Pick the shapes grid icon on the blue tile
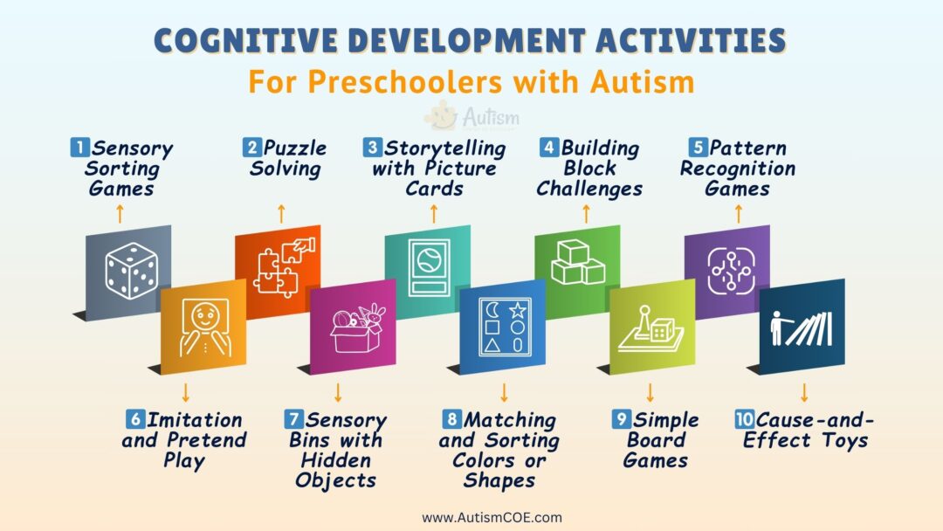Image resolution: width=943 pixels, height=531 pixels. [502, 328]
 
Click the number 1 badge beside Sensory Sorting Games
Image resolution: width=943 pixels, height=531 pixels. [78, 148]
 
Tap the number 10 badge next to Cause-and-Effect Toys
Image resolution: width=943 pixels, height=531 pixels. [744, 420]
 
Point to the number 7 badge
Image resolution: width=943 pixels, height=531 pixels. [293, 420]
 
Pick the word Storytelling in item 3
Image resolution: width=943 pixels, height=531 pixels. [446, 148]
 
